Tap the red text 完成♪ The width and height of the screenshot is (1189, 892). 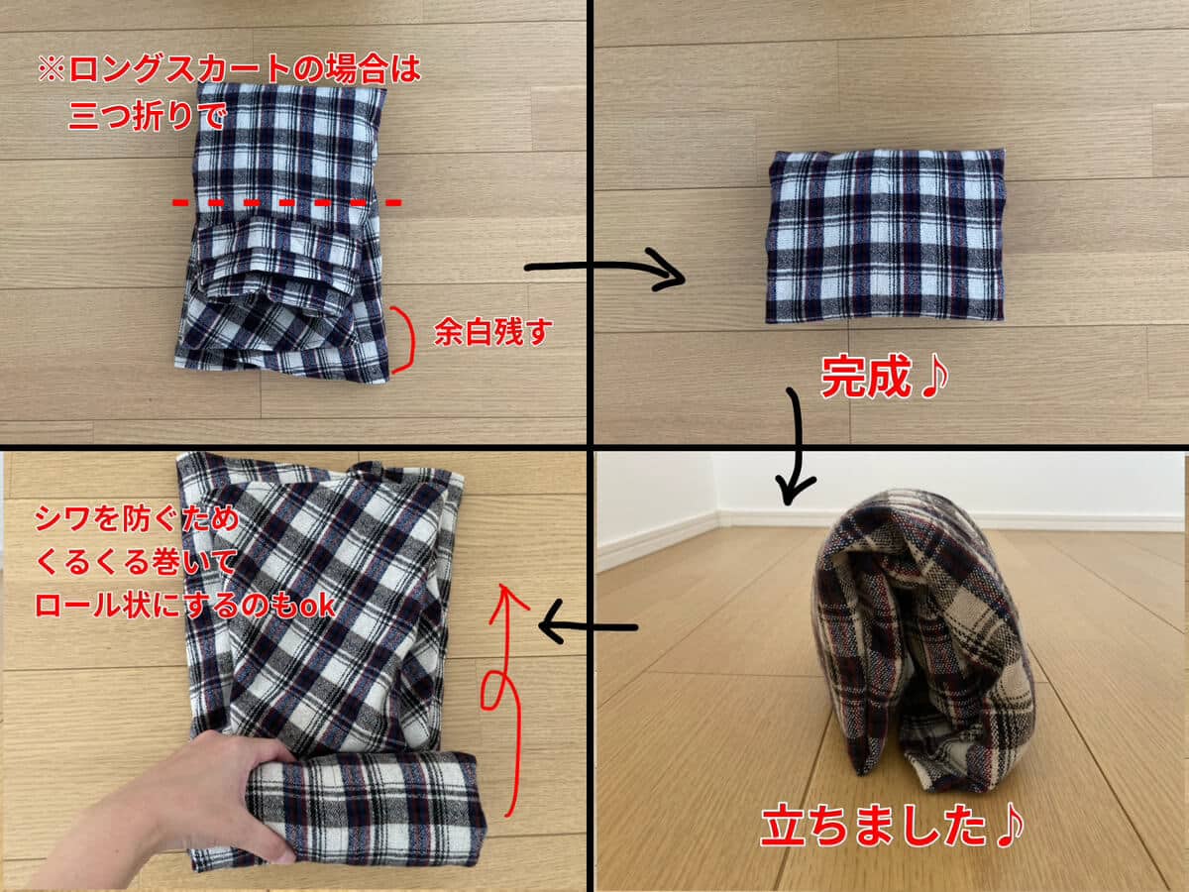[x=885, y=377]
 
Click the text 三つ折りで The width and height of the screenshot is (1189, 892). [x=147, y=115]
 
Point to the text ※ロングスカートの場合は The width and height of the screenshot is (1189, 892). [x=229, y=69]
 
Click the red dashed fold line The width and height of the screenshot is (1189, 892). [x=287, y=203]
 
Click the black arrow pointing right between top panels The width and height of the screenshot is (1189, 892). [x=604, y=267]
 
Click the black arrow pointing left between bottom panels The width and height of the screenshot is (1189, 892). [x=588, y=627]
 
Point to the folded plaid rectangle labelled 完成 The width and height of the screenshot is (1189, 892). [x=886, y=236]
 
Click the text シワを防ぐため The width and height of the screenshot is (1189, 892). [x=137, y=518]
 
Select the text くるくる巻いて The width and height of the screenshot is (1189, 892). [x=136, y=562]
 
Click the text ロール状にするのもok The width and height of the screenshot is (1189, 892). [x=184, y=605]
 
